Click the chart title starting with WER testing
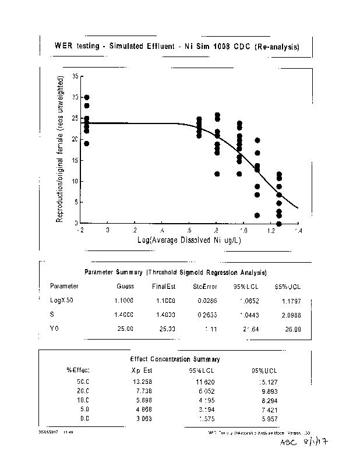177,47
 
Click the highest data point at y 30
87,97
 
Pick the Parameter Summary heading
176,272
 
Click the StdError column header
205,286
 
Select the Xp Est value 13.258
143,382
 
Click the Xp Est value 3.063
143,419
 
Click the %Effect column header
77,369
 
